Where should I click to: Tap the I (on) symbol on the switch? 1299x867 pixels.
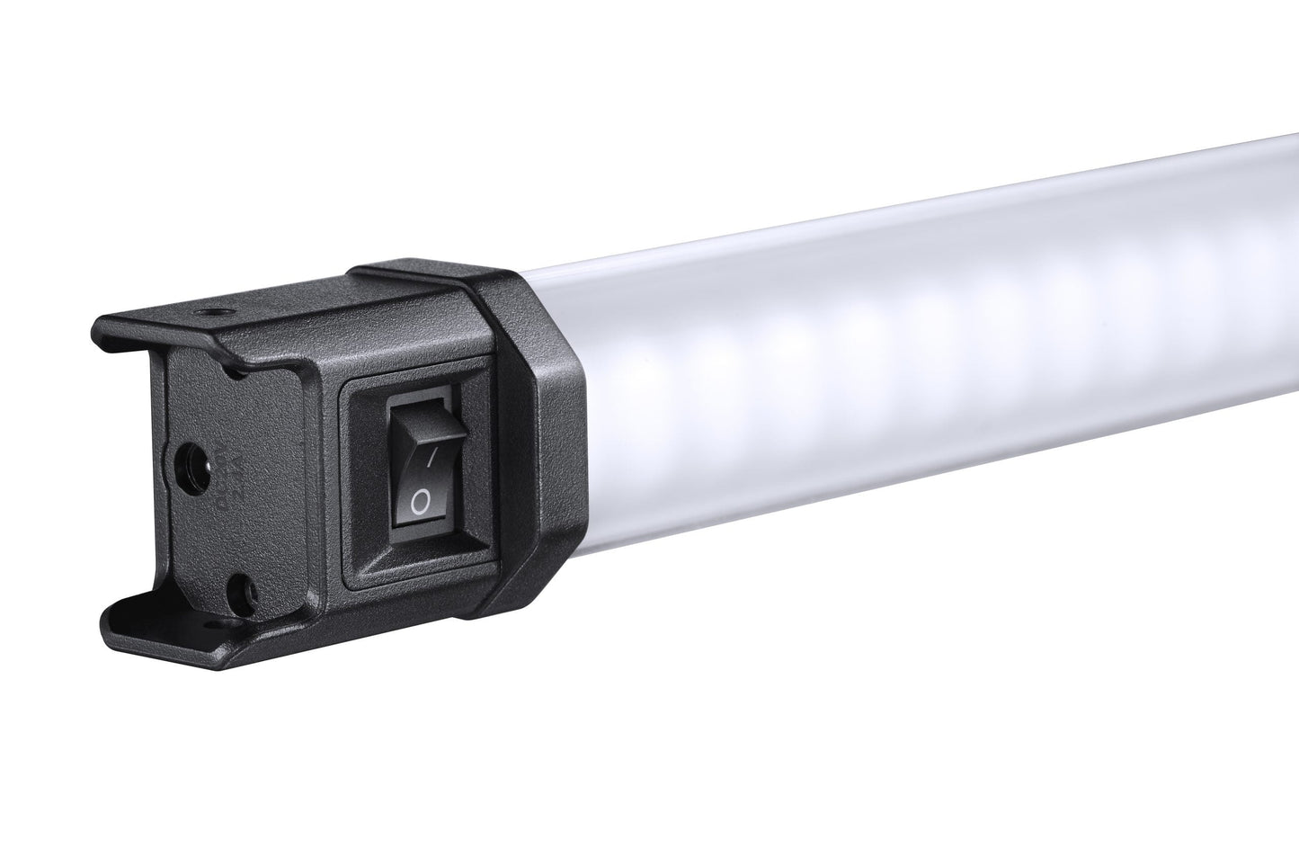tap(431, 459)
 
